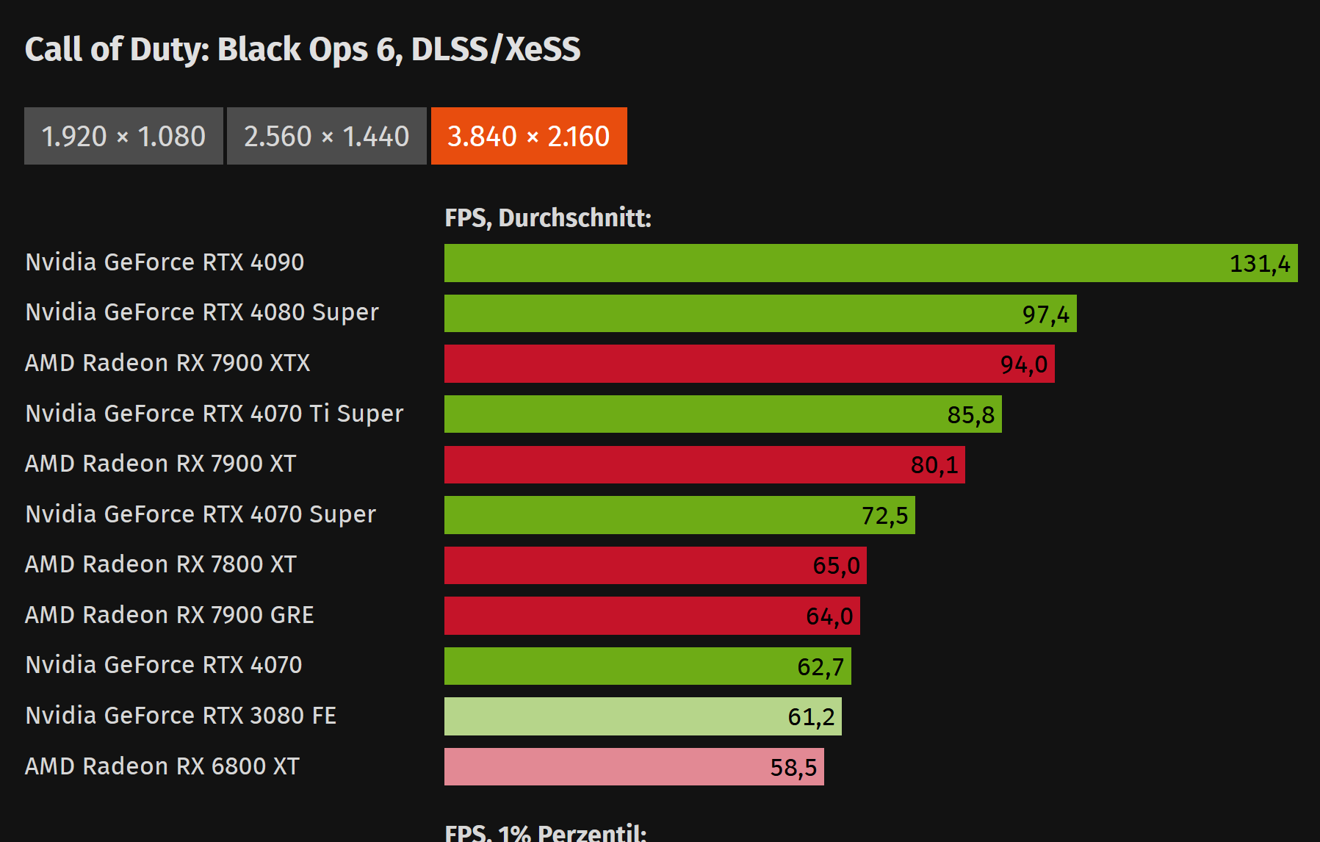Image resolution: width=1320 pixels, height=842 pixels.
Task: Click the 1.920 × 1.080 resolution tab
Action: point(123,136)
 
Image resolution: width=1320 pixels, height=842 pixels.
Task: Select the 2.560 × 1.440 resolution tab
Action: point(326,136)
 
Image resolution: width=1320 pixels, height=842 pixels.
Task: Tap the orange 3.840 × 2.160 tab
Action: point(529,136)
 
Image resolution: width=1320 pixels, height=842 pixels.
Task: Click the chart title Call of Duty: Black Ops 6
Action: point(302,49)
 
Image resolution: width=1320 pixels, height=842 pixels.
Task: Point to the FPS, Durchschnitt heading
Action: point(547,218)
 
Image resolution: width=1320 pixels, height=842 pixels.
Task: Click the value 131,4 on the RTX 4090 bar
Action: point(1259,264)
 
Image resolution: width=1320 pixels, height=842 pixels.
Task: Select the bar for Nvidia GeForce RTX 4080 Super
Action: point(735,314)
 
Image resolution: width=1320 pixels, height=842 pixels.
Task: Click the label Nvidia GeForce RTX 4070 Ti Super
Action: point(214,414)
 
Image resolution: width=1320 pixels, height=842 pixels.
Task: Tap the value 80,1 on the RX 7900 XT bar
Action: point(934,465)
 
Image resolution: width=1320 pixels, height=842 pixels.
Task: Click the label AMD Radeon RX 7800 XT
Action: point(160,564)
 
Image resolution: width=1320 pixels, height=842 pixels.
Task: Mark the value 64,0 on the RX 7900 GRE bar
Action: point(829,616)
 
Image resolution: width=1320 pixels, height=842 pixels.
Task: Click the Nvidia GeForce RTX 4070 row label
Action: point(163,665)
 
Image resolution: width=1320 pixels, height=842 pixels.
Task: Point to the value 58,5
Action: point(793,768)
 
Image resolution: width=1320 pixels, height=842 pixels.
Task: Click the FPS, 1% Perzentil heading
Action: point(545,832)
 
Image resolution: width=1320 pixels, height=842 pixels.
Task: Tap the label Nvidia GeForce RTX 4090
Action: point(164,262)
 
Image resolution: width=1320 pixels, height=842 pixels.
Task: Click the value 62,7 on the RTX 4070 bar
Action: point(820,667)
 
